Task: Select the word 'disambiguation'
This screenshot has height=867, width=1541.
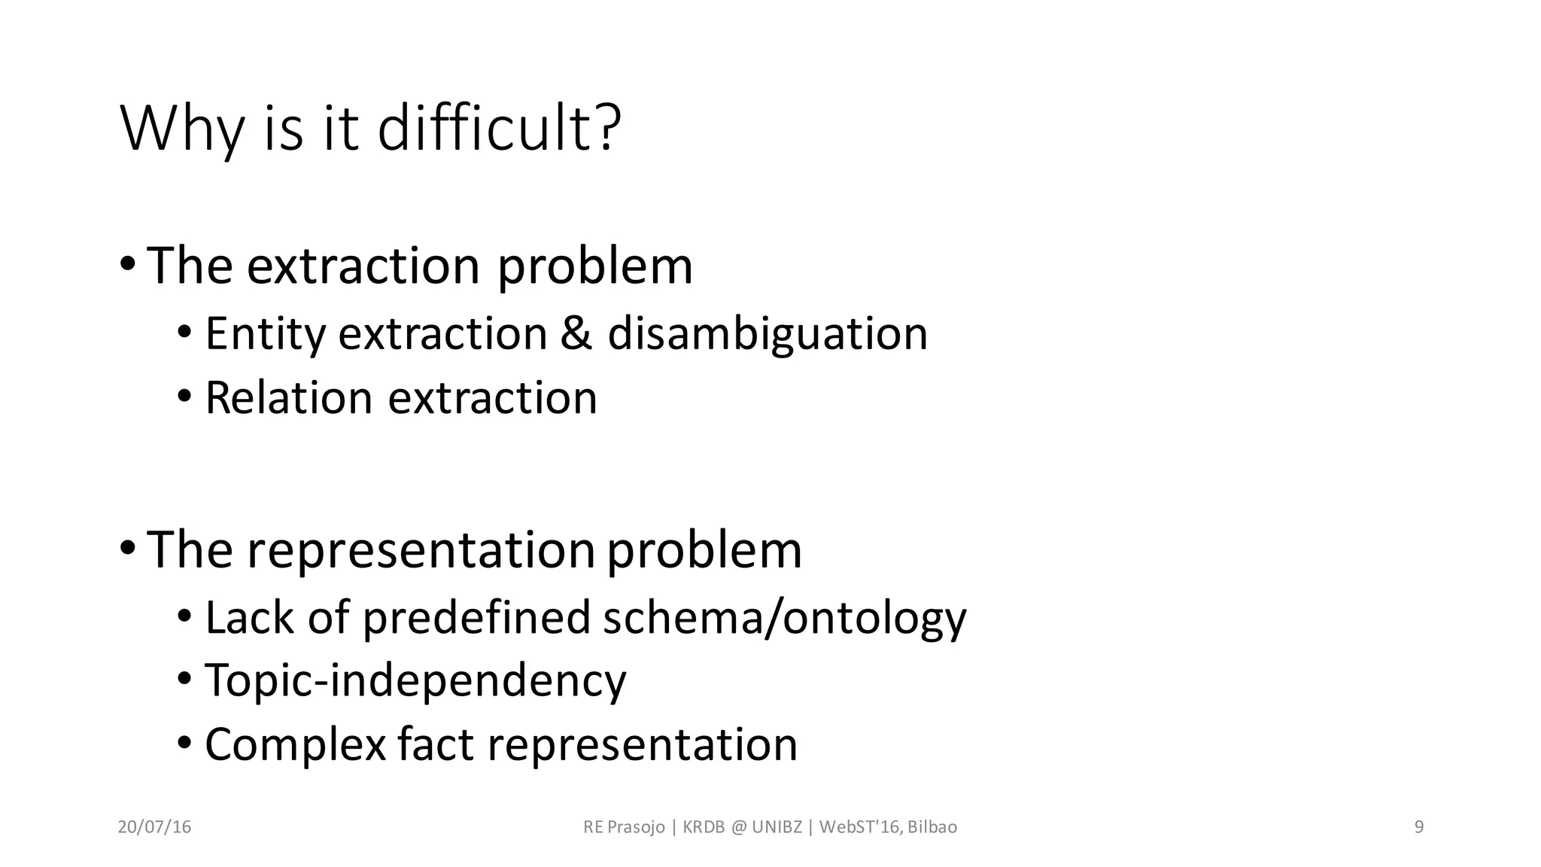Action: (x=767, y=333)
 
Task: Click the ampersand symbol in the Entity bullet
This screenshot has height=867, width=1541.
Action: (x=576, y=333)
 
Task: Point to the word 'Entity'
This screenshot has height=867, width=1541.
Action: (x=264, y=335)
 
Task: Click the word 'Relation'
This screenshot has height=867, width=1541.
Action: (x=288, y=397)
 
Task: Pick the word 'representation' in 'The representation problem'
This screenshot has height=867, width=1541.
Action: (x=421, y=550)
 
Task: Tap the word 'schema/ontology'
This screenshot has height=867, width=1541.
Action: (x=784, y=619)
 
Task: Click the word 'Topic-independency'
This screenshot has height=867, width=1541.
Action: (x=415, y=681)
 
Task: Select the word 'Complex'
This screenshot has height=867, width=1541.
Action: (x=295, y=745)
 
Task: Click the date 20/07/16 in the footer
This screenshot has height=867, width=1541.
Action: (x=154, y=827)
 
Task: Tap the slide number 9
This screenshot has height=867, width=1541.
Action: (x=1419, y=827)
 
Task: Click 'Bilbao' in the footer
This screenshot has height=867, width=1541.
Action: (x=932, y=827)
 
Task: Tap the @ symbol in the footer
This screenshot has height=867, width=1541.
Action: (x=738, y=827)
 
